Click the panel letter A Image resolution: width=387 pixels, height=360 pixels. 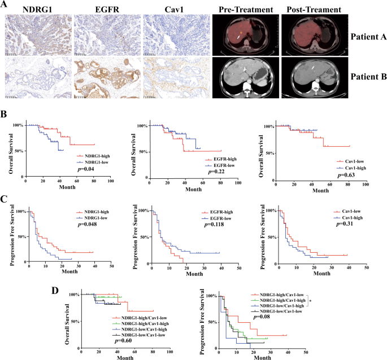tap(5, 6)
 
